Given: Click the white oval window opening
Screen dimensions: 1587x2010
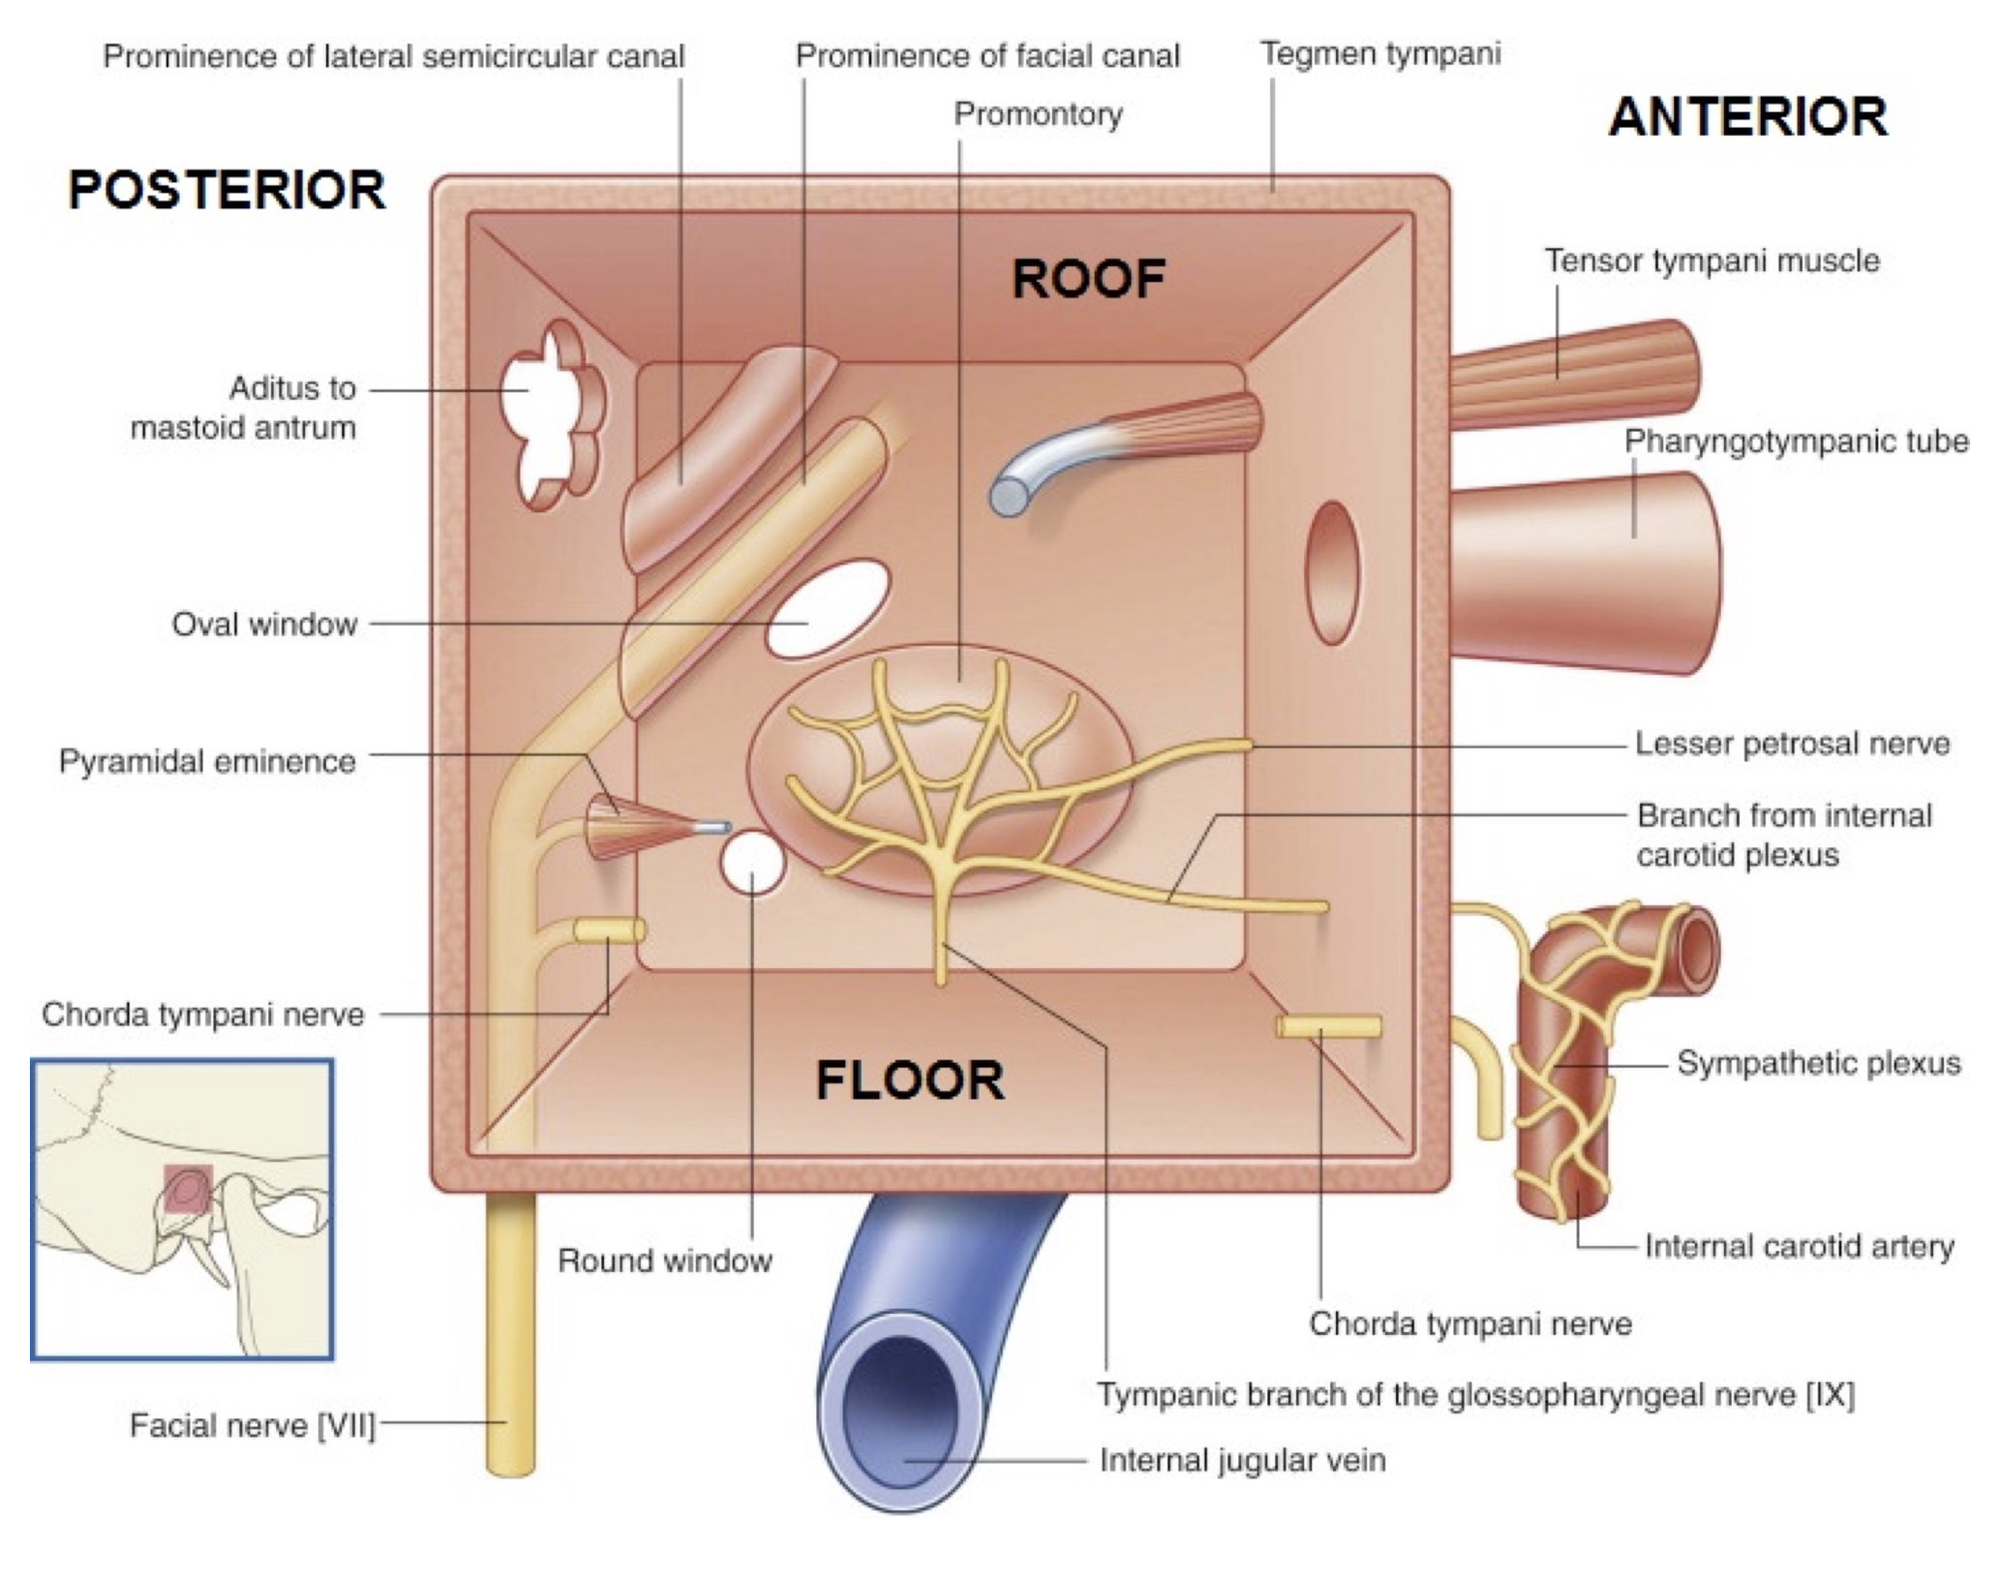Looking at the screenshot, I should [829, 609].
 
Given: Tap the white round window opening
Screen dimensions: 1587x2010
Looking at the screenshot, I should [752, 863].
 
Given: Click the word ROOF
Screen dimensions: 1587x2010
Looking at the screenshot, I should [1088, 279].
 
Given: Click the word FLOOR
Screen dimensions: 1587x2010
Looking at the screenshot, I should [909, 1081].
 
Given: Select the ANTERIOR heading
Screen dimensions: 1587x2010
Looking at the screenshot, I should [1747, 118].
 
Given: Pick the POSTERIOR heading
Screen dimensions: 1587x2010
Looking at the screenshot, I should [227, 190].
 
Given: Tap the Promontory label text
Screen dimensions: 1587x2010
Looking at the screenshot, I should [1038, 115].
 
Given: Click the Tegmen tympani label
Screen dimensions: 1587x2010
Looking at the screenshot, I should [1380, 54].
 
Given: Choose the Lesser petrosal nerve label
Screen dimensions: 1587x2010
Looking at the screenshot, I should [1792, 744].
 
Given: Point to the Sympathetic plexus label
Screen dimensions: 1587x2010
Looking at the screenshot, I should [1818, 1064].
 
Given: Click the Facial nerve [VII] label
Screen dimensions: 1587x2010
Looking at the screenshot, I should [252, 1426].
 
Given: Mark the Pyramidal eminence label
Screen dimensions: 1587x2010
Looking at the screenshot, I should [207, 762].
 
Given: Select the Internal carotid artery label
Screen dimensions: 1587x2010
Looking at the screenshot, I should [1799, 1246].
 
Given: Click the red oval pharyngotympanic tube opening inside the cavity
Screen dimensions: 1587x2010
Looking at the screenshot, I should [1332, 573].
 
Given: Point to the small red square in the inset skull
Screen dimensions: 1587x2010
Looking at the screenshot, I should [187, 1189].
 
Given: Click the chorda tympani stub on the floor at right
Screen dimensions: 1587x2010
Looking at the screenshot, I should [1329, 1026].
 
